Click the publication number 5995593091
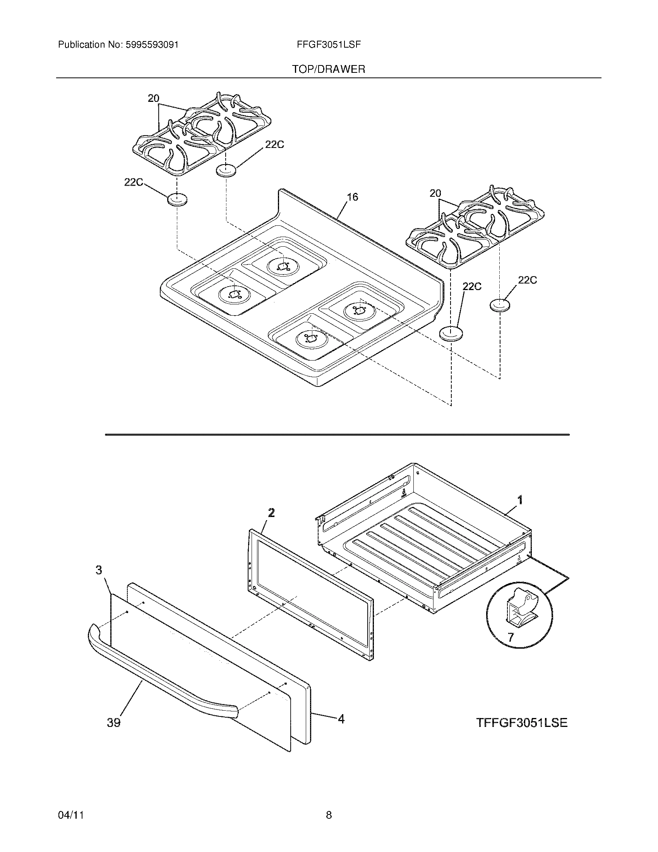click(x=152, y=45)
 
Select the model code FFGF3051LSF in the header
click(x=329, y=45)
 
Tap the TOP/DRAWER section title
click(x=329, y=69)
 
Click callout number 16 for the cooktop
click(x=352, y=197)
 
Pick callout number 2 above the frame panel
click(x=271, y=513)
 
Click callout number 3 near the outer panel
click(x=99, y=570)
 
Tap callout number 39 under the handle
click(x=114, y=723)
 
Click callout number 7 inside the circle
click(x=511, y=637)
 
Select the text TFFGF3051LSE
click(x=522, y=723)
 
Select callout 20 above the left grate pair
click(x=153, y=98)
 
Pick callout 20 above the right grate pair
click(x=435, y=193)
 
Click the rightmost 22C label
click(x=527, y=280)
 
